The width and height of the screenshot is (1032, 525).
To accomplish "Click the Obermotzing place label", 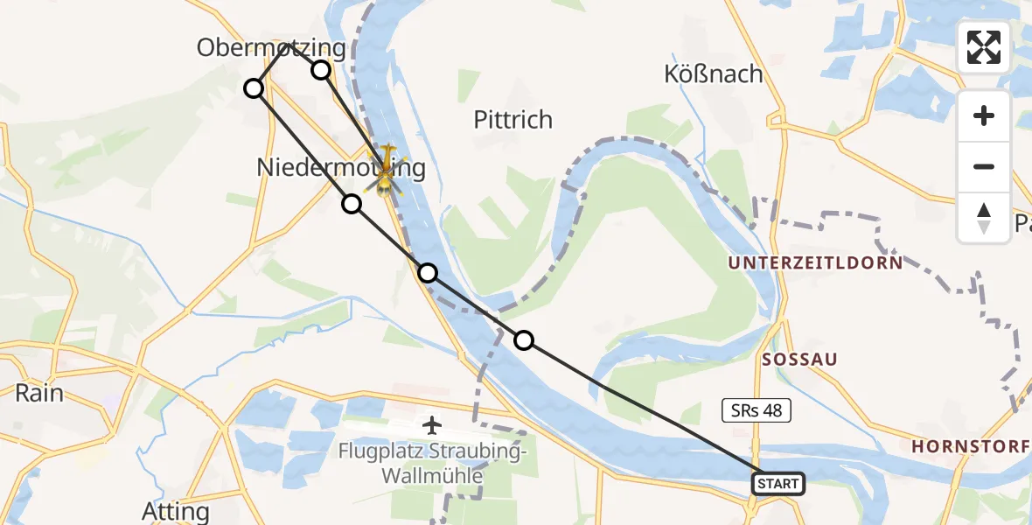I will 271,47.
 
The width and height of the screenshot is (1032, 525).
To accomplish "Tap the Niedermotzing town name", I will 341,168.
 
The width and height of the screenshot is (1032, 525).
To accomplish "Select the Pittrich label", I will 513,119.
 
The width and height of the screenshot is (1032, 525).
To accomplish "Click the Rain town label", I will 39,393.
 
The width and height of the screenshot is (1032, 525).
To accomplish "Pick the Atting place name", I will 176,511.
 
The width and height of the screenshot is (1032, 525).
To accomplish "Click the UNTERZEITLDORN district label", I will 814,262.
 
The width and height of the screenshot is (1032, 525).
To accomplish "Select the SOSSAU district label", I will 799,359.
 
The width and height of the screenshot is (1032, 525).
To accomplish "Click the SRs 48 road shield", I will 757,409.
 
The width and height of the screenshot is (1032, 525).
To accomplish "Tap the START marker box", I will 777,483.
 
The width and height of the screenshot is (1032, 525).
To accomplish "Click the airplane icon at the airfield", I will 431,425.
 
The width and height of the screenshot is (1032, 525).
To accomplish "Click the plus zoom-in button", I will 984,115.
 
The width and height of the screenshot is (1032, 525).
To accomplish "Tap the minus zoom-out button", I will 984,166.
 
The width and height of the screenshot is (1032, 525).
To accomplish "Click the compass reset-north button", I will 984,217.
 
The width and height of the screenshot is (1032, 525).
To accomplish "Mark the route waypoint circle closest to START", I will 523,340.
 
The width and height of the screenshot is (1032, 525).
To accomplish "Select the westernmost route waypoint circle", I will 253,88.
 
